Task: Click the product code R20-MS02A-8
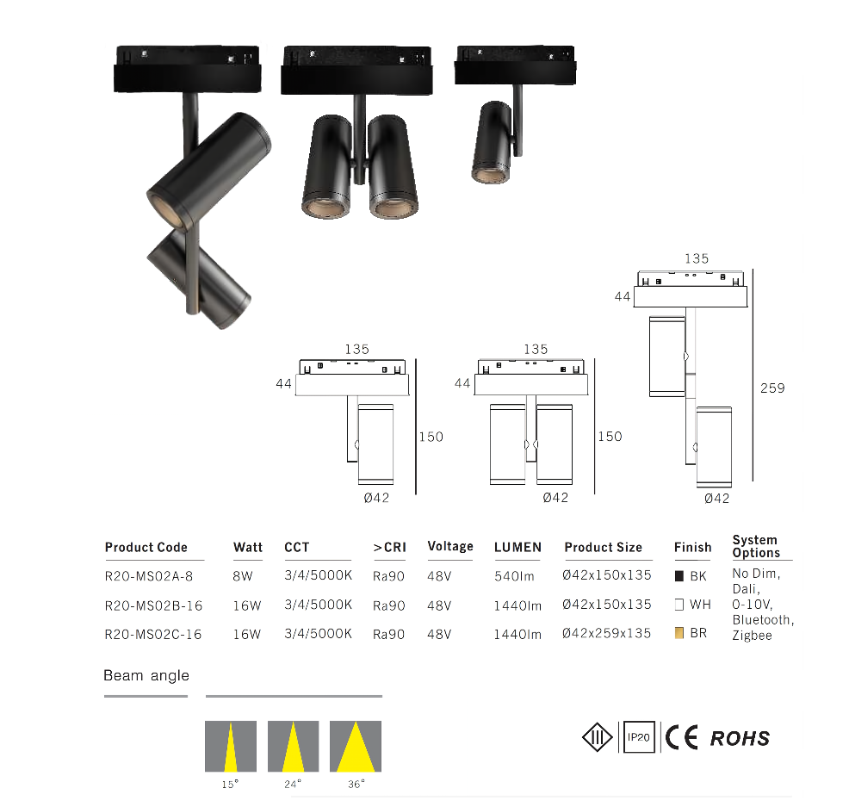click(148, 576)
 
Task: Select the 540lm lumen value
click(514, 576)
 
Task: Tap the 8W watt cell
click(243, 576)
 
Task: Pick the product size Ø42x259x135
click(606, 633)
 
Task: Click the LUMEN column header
click(517, 547)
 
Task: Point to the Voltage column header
click(450, 546)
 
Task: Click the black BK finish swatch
click(679, 575)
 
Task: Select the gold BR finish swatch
click(679, 633)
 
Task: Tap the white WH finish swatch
click(679, 605)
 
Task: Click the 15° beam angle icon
click(231, 747)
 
